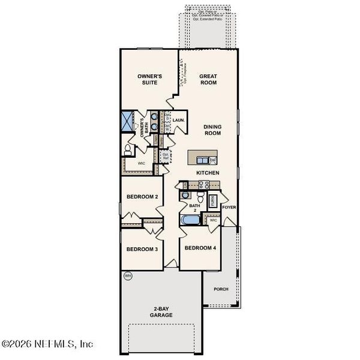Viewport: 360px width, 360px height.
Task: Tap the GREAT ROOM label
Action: click(208, 79)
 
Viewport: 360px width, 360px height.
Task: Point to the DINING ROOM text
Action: click(213, 130)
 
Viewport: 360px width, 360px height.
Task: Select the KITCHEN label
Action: click(208, 173)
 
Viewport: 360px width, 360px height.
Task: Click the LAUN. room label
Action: click(179, 120)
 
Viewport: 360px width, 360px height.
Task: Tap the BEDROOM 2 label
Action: click(142, 197)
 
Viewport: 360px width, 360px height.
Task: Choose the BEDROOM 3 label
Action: click(142, 250)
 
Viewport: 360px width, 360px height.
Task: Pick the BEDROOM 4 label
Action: click(200, 248)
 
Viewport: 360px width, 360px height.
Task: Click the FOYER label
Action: click(229, 207)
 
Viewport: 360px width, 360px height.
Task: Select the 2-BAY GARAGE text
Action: click(161, 311)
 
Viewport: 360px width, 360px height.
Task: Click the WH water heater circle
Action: click(127, 276)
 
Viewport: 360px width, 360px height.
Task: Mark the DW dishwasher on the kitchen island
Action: click(212, 160)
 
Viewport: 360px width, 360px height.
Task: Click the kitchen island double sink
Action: click(200, 159)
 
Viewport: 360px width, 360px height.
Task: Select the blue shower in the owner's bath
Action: click(128, 122)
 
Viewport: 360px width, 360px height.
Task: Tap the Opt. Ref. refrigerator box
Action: click(165, 156)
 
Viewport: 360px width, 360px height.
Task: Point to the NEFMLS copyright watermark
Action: click(47, 344)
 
